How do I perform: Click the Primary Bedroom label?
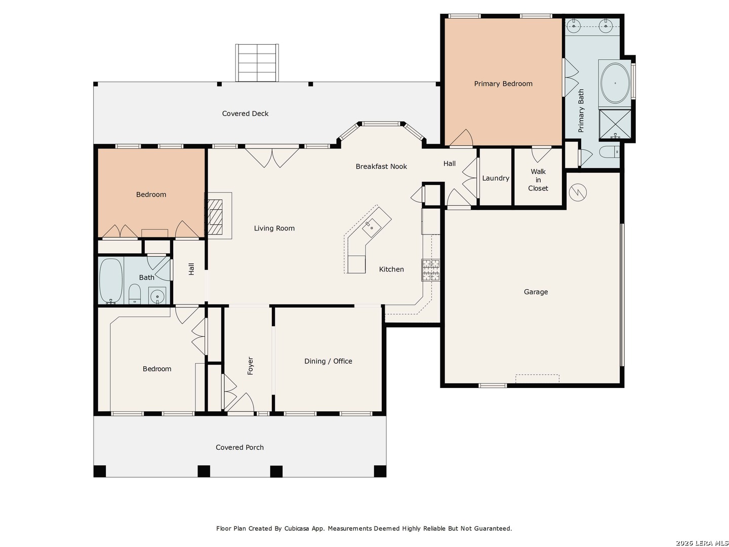click(503, 84)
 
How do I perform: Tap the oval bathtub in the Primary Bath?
click(615, 83)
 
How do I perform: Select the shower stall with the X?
click(615, 124)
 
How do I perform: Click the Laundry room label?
click(495, 178)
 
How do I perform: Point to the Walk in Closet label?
click(538, 180)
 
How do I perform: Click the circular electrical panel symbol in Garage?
click(578, 192)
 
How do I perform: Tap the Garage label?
click(536, 292)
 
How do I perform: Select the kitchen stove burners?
click(430, 270)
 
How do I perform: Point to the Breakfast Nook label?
click(381, 167)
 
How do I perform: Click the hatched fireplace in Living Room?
click(215, 217)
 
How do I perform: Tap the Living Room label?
click(274, 228)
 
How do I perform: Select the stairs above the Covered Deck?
click(257, 63)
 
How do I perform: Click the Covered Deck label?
click(245, 113)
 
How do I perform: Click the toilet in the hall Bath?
click(135, 294)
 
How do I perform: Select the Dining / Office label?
click(328, 361)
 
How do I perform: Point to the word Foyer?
click(251, 366)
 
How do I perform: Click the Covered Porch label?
click(239, 447)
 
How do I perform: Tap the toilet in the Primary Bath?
click(610, 152)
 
